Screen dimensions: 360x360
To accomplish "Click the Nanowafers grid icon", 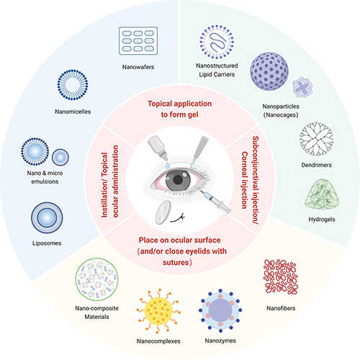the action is click(x=138, y=41).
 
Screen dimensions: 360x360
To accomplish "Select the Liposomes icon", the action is click(x=47, y=218).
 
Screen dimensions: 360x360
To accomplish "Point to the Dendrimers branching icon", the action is click(x=317, y=139).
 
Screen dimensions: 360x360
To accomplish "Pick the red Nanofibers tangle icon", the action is click(x=281, y=276).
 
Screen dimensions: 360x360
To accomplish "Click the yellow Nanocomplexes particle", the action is click(x=158, y=311).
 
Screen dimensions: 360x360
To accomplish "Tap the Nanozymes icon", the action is click(x=220, y=310).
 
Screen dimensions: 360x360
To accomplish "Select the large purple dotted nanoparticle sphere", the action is click(x=269, y=71).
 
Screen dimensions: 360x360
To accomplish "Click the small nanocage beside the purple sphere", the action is click(x=302, y=87).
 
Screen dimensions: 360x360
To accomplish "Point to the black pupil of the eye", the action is click(x=178, y=180).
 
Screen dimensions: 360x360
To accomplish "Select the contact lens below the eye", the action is click(x=163, y=212).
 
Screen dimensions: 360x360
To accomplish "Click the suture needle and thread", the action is click(x=178, y=218).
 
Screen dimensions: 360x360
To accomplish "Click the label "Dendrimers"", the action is click(x=317, y=165).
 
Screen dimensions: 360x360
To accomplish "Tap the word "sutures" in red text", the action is click(x=177, y=262).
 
